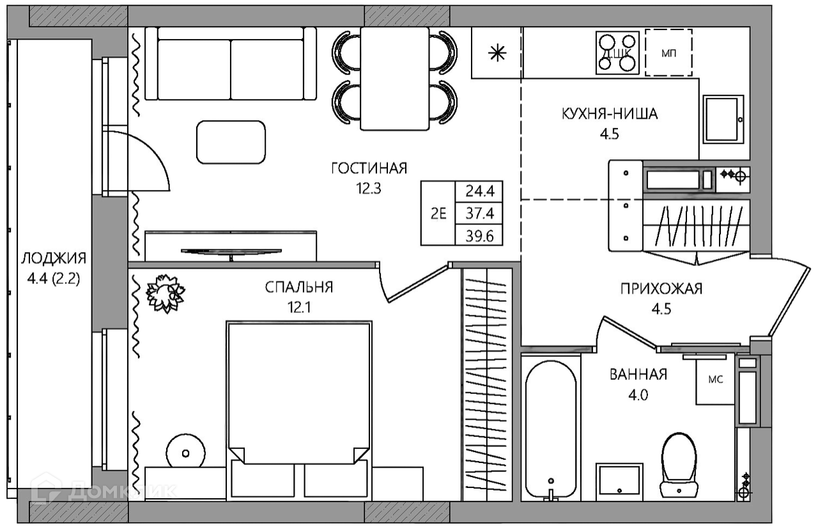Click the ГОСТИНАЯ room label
click(x=369, y=168)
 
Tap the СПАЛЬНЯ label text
click(x=299, y=288)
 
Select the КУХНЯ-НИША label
click(x=610, y=114)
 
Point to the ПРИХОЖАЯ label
click(x=661, y=289)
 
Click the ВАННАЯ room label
click(x=638, y=375)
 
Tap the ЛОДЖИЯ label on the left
click(x=54, y=258)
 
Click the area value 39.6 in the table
click(x=479, y=237)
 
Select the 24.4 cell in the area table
click(x=479, y=191)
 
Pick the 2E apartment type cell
click(x=438, y=214)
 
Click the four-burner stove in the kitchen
click(x=617, y=53)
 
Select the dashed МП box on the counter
click(x=668, y=52)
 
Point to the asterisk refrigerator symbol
click(x=497, y=54)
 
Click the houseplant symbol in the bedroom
click(x=166, y=294)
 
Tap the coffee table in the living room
click(x=231, y=142)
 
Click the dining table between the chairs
click(x=394, y=79)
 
